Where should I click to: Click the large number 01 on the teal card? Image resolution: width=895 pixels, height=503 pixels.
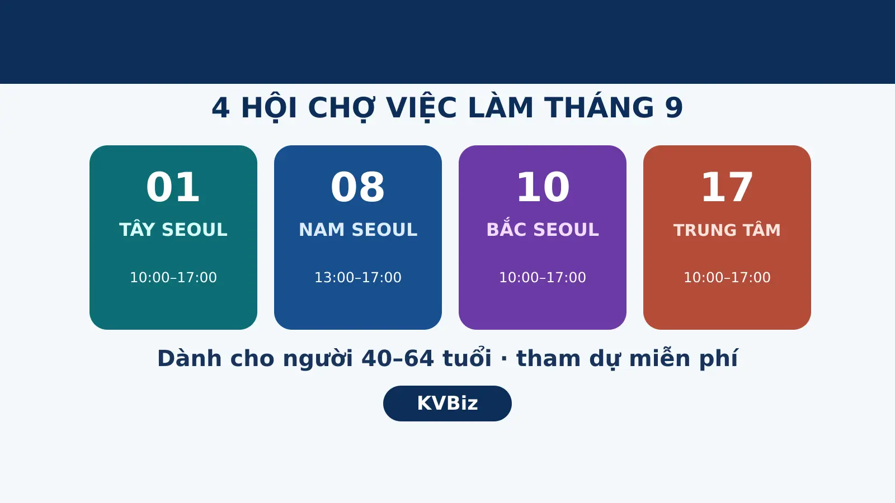(x=173, y=187)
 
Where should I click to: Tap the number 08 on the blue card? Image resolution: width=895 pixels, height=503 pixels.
(x=357, y=187)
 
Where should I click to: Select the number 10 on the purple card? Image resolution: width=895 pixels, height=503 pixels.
(x=543, y=187)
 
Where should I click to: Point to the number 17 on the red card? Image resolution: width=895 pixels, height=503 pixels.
(x=727, y=187)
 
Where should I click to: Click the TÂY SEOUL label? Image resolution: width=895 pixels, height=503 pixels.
(x=173, y=229)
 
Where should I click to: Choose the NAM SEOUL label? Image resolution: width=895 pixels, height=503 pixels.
(x=358, y=230)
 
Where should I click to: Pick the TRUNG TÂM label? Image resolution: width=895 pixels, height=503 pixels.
(x=727, y=230)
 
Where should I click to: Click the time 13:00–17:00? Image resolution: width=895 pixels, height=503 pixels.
(x=358, y=277)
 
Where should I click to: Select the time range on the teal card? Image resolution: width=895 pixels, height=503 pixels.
(x=173, y=277)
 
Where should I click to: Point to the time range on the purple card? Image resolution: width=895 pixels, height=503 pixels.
(x=543, y=277)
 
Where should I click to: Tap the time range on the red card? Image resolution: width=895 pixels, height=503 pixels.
(x=727, y=277)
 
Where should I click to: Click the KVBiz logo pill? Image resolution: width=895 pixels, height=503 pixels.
(x=447, y=403)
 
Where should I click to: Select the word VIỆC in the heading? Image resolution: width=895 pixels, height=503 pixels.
(x=422, y=108)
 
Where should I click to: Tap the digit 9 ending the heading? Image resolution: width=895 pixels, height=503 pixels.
(x=674, y=108)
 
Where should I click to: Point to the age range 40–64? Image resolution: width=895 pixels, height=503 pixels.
(x=398, y=358)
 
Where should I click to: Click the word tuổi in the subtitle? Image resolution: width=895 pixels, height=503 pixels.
(x=467, y=357)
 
